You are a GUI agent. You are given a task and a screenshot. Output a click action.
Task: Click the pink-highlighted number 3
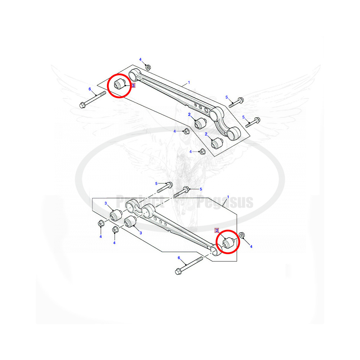click(x=133, y=86)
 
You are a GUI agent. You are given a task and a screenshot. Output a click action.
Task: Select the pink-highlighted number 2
click(x=217, y=230)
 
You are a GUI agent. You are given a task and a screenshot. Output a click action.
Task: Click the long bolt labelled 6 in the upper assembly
click(x=92, y=99)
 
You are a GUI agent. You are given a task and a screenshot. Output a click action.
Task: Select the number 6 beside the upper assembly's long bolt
click(x=90, y=89)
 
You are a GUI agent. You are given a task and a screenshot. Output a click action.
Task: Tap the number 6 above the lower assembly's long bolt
click(x=179, y=258)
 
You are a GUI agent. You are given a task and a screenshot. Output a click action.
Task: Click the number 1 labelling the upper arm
click(x=189, y=83)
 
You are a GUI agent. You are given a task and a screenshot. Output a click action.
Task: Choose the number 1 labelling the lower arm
click(x=228, y=197)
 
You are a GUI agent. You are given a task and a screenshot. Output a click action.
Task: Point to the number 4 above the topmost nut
click(x=140, y=59)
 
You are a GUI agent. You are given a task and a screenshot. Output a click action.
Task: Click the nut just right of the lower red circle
click(x=242, y=236)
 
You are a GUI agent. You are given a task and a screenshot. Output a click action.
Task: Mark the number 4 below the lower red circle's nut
click(x=251, y=247)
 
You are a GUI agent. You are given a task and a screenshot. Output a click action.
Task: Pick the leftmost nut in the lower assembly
click(x=101, y=224)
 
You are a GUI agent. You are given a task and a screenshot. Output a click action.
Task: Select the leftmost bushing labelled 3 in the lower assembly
click(x=116, y=216)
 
